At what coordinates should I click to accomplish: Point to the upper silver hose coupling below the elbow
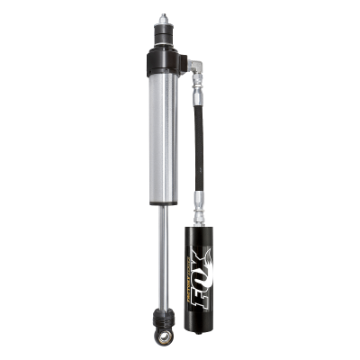196,89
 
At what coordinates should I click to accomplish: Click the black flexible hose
196,144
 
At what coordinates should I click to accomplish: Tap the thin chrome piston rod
162,261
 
